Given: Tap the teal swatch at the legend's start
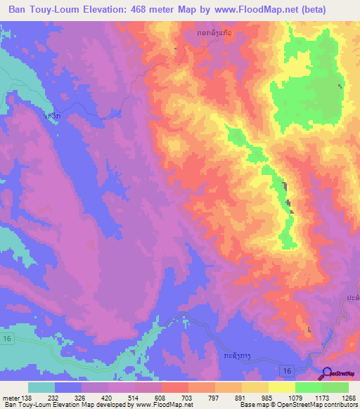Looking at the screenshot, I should tap(41, 387).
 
